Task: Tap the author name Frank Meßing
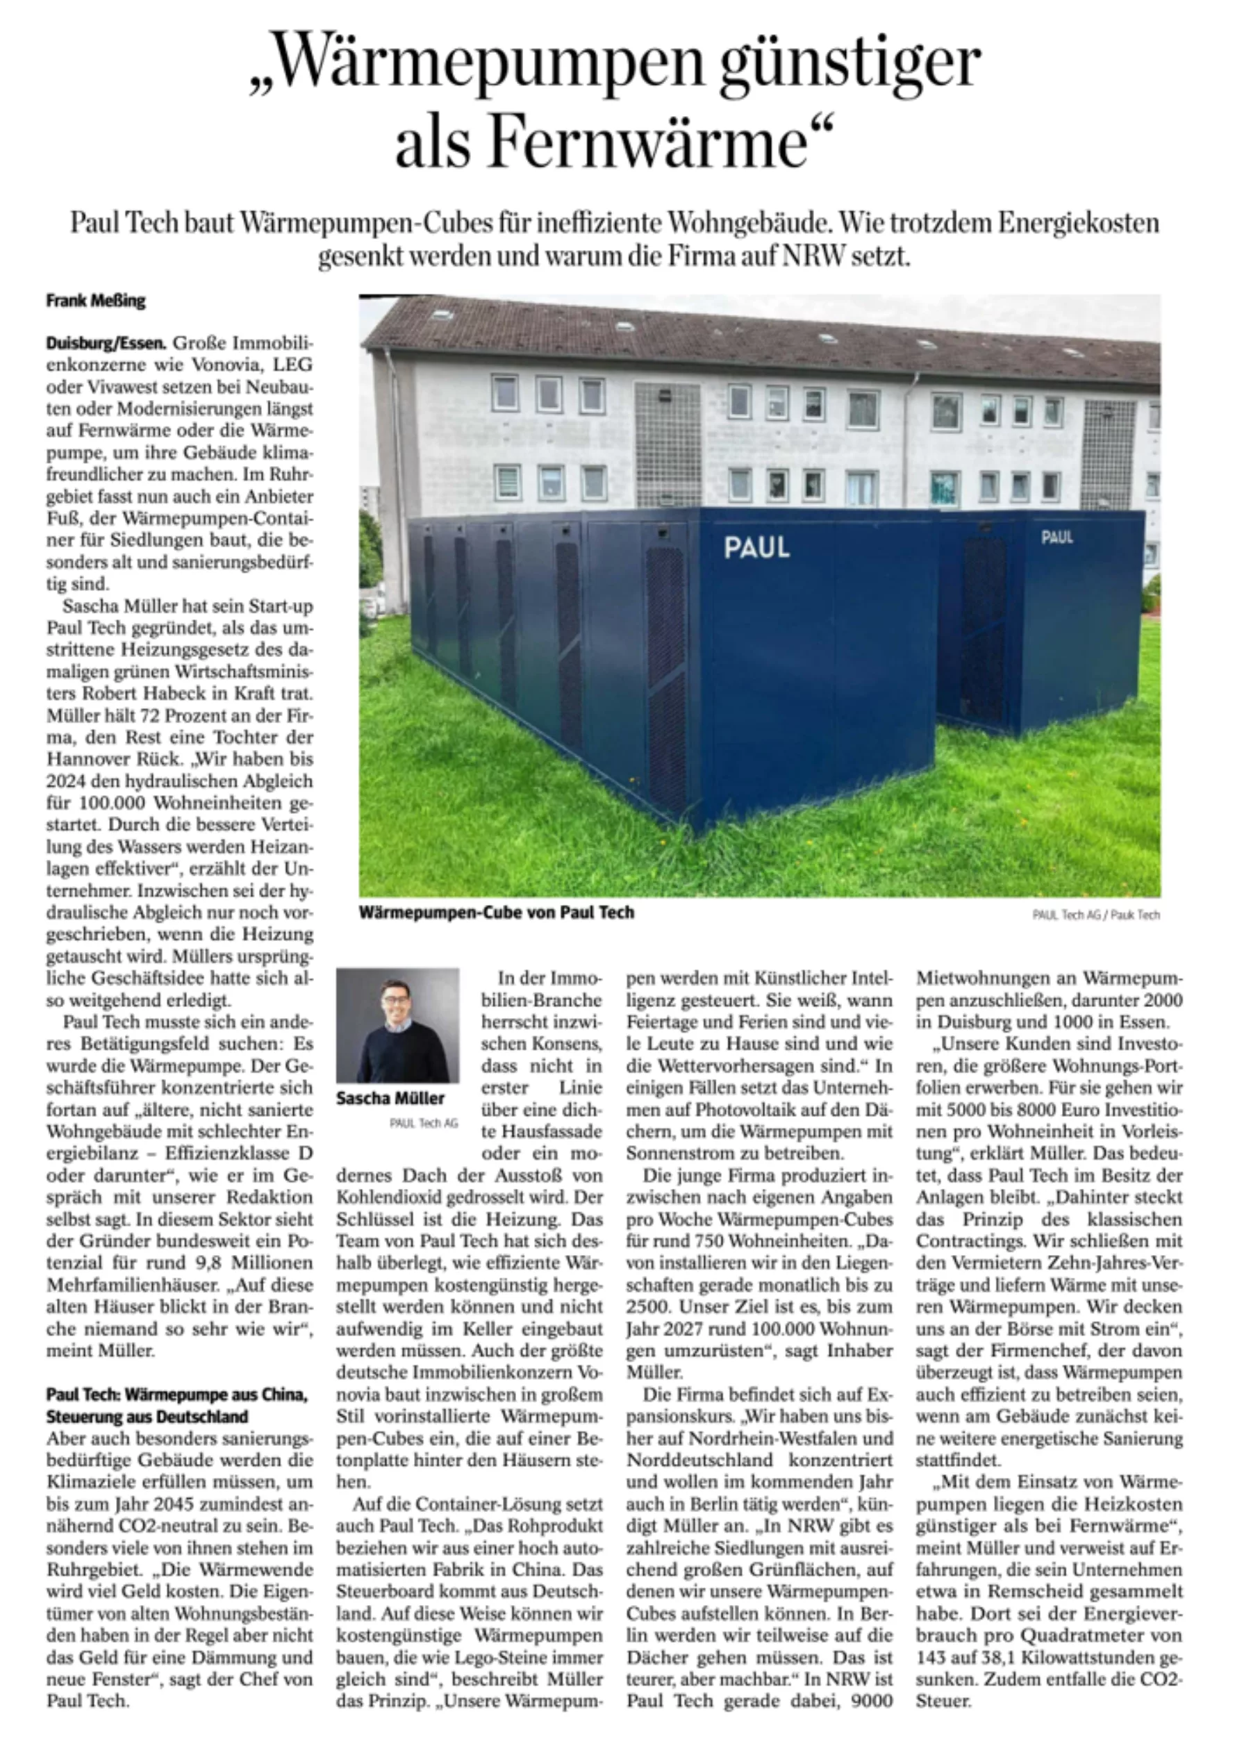95,301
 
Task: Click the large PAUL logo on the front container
756,548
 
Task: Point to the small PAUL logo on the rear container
1056,537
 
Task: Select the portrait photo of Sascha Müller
397,1025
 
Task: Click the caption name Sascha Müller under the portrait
390,1098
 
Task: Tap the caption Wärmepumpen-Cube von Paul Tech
497,912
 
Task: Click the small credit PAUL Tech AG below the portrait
423,1123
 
